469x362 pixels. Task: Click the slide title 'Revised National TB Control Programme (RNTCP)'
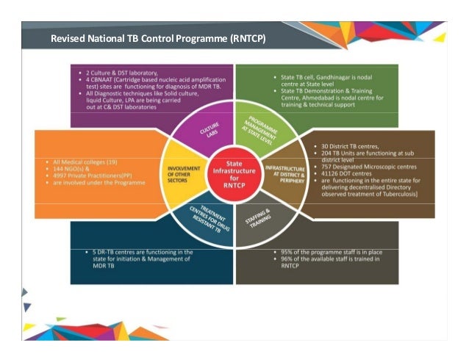(x=157, y=37)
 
